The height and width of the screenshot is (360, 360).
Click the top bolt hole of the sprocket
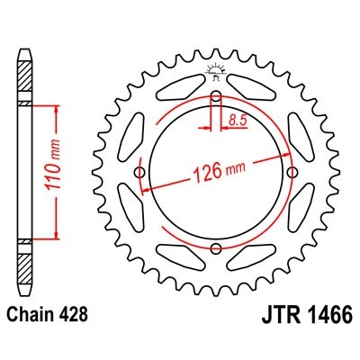tap(216, 98)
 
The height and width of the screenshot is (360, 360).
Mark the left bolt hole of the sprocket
tap(140, 174)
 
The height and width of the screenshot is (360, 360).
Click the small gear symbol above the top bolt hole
tap(216, 69)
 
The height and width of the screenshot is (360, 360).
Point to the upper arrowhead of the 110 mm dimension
tap(58, 109)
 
